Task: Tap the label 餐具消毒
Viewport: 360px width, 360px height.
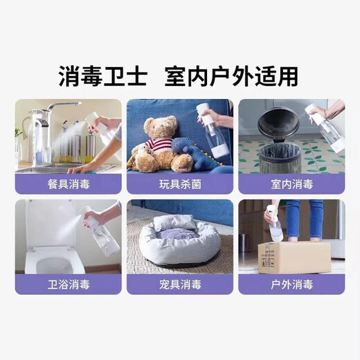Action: coord(68,184)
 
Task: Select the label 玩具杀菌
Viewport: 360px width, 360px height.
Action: coord(180,184)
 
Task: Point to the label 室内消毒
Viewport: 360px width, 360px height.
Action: coord(291,184)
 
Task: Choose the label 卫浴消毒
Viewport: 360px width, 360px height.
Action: coord(68,285)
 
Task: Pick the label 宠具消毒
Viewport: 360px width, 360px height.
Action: coord(180,285)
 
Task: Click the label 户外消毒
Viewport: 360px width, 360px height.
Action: coord(291,285)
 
